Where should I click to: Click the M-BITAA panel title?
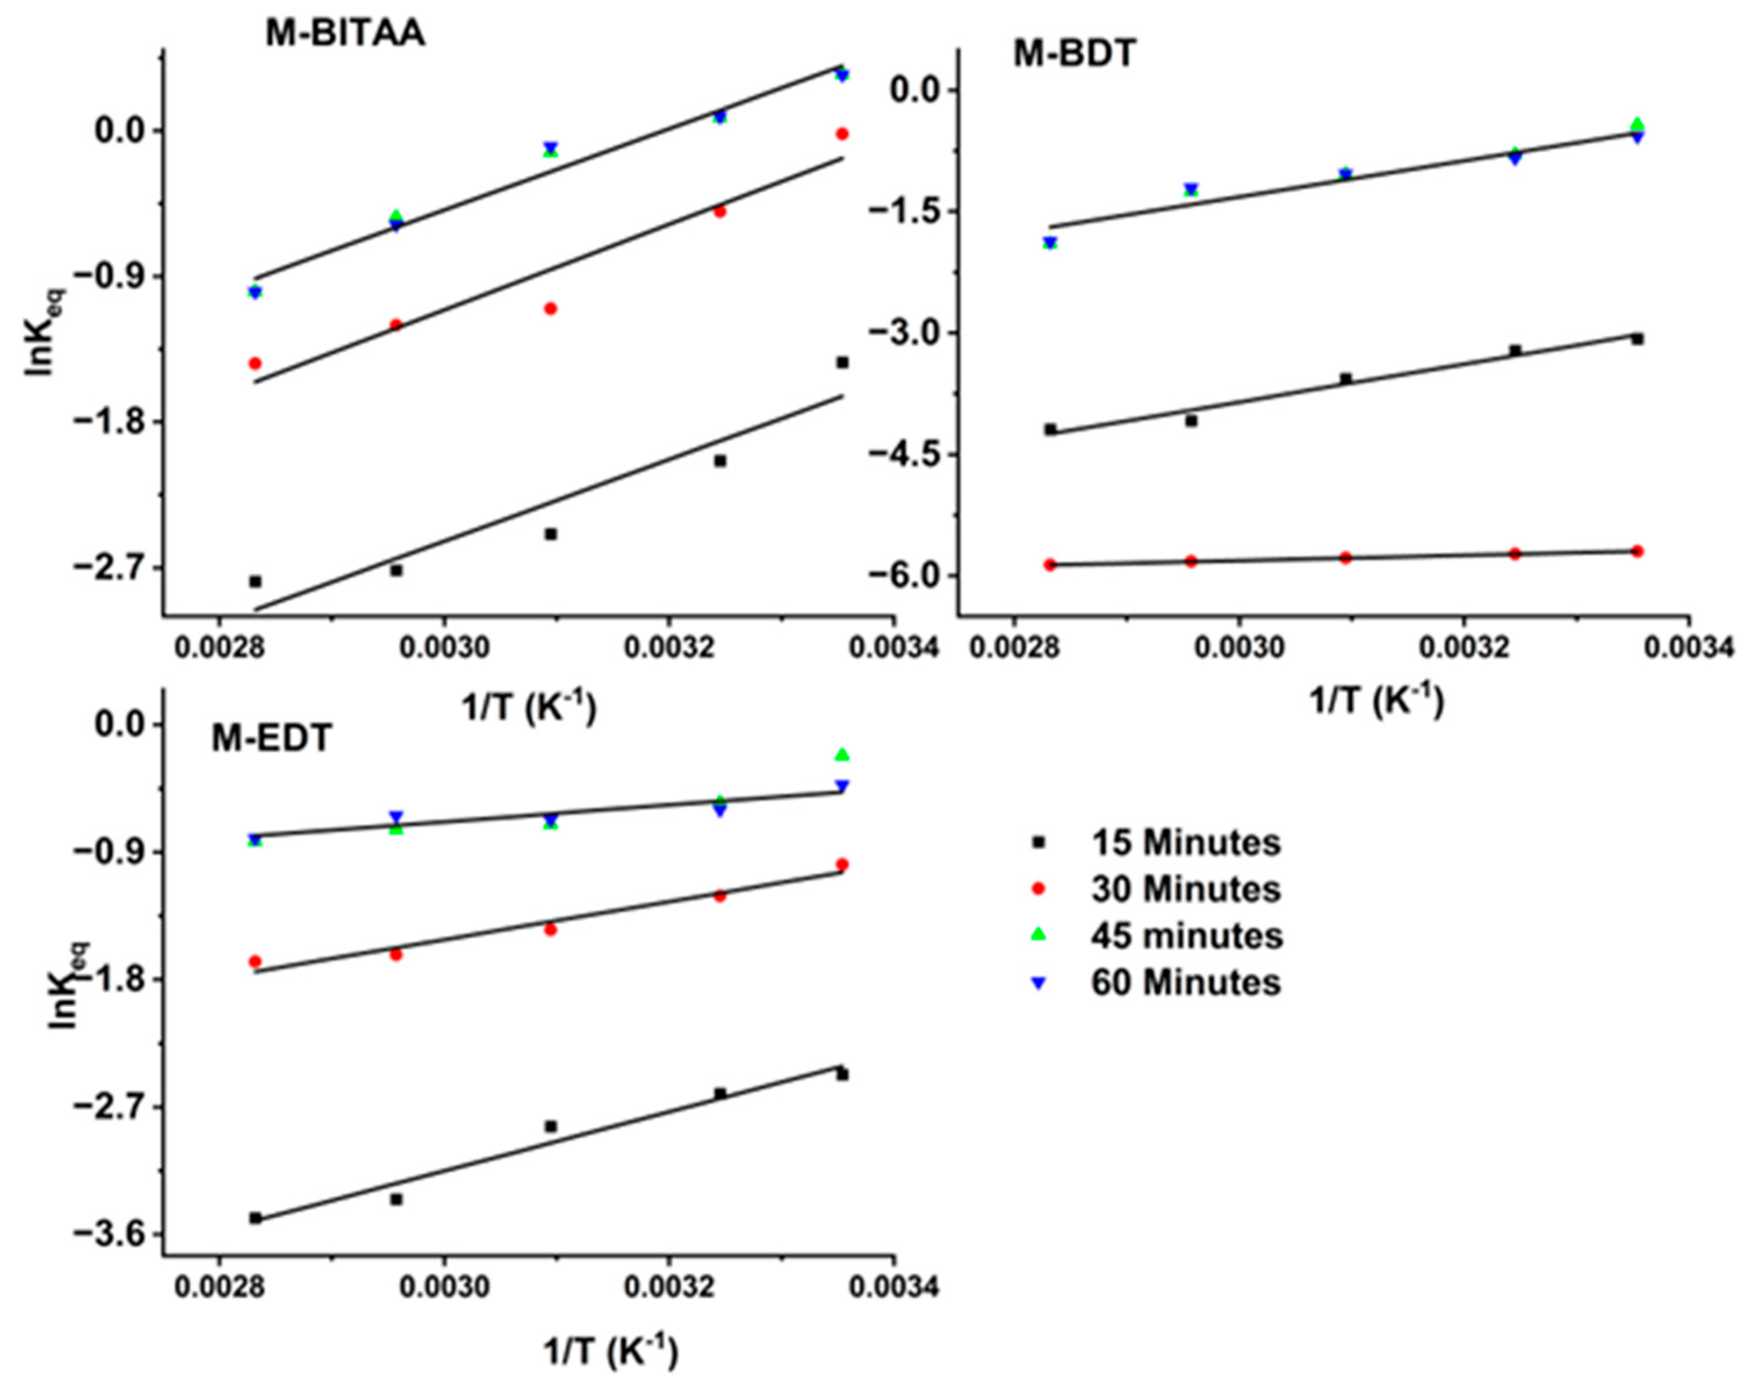[345, 34]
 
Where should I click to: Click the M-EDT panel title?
[272, 738]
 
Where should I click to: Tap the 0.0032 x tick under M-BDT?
[1464, 649]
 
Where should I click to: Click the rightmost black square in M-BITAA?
[842, 362]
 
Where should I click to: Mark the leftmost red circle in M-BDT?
[1050, 564]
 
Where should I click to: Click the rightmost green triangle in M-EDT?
[842, 755]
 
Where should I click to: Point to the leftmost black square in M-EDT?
[255, 1218]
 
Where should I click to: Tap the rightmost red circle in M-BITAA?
[842, 134]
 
